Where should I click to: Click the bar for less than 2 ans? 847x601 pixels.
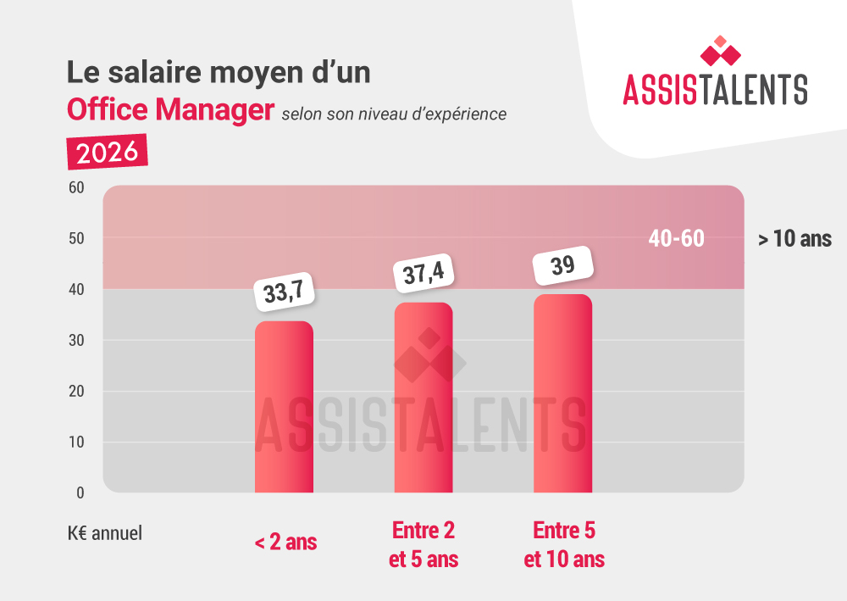(284, 407)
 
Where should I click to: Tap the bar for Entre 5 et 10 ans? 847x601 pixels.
(562, 393)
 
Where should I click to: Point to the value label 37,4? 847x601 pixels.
(423, 274)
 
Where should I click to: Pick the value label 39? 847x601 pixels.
(562, 265)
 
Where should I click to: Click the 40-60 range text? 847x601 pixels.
(676, 239)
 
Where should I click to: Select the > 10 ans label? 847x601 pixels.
(794, 240)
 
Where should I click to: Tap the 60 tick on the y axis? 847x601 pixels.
(75, 187)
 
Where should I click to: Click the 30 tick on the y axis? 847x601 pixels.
(75, 341)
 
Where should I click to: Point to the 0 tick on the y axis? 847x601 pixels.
(80, 492)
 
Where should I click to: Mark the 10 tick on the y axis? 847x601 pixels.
(75, 442)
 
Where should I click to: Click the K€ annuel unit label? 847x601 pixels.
(105, 534)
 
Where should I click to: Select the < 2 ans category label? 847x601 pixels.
(285, 542)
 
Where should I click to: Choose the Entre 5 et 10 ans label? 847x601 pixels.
(564, 545)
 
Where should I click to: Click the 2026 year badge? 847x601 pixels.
(107, 152)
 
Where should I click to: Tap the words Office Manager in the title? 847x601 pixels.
(171, 110)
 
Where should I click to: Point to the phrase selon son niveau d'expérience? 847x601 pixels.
(394, 113)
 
